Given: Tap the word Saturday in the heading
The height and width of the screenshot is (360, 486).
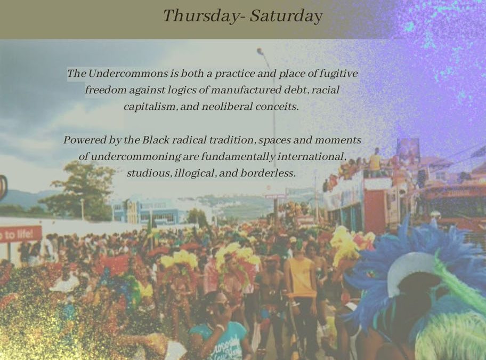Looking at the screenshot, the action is pos(286,16).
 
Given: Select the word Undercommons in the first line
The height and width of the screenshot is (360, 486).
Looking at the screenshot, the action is pos(128,74).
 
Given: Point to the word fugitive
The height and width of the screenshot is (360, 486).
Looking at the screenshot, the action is pos(338,74).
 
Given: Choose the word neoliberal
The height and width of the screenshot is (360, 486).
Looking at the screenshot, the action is pos(227,107).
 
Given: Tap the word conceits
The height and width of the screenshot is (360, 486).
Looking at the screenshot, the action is pos(277,107).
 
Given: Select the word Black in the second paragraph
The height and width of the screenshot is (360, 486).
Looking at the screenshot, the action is pos(156,140).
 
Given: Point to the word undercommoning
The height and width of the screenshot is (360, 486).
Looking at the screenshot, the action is pos(135,157).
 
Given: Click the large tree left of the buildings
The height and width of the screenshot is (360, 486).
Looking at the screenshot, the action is pos(82,190).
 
